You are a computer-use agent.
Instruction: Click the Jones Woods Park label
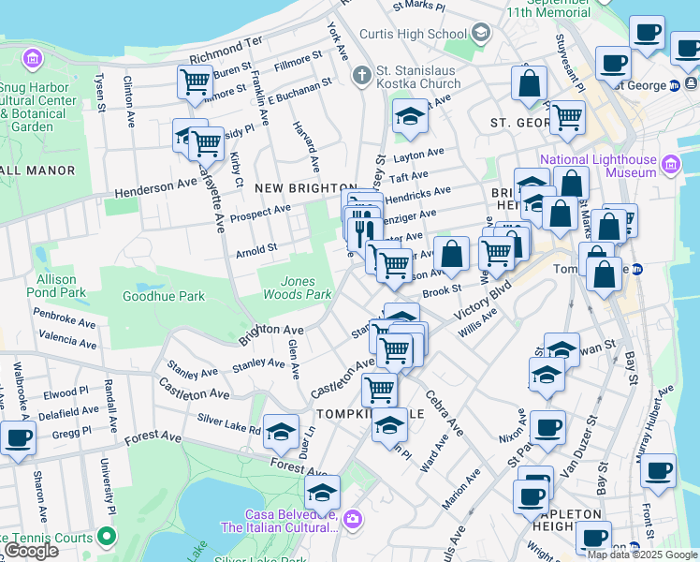click(307, 288)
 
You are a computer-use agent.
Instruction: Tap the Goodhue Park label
click(164, 296)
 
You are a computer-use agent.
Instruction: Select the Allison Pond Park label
click(62, 286)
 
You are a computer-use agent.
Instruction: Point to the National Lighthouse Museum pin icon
click(669, 166)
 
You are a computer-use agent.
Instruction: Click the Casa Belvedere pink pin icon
click(352, 518)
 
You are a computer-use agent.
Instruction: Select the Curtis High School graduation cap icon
click(481, 34)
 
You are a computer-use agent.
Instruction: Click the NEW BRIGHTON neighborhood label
click(306, 188)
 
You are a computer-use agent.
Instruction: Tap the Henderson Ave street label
click(155, 188)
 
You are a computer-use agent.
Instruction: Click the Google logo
click(31, 551)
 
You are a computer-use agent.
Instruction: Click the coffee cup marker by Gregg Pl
click(17, 436)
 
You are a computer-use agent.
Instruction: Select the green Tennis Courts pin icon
click(108, 538)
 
